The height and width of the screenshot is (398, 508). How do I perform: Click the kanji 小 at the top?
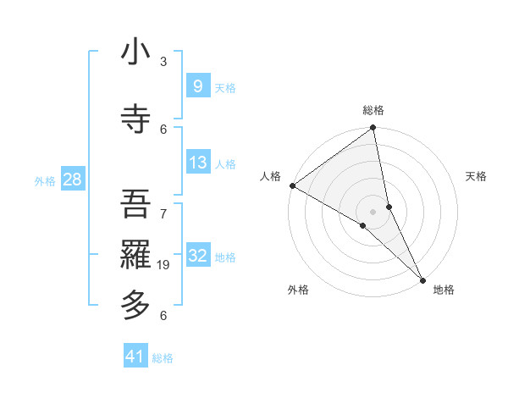(135, 53)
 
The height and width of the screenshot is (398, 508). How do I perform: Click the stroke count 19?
(165, 266)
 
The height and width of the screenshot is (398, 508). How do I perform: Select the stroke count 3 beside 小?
(163, 62)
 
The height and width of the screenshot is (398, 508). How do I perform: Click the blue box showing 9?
(197, 86)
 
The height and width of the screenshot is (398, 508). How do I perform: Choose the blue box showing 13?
(197, 163)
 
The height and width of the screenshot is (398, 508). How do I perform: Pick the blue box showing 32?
(197, 256)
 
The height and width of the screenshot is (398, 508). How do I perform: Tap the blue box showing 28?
(72, 180)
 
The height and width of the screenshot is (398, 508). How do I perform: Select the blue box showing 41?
(135, 357)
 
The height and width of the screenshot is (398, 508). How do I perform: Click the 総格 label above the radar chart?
(373, 110)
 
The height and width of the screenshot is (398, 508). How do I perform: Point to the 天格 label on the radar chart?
(476, 176)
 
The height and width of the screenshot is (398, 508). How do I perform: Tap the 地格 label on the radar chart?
(444, 290)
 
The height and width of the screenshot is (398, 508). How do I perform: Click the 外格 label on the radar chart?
(298, 290)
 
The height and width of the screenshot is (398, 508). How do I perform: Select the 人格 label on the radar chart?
(270, 176)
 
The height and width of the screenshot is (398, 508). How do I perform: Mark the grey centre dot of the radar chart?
(373, 211)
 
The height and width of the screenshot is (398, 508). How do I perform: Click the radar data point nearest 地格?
(422, 279)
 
